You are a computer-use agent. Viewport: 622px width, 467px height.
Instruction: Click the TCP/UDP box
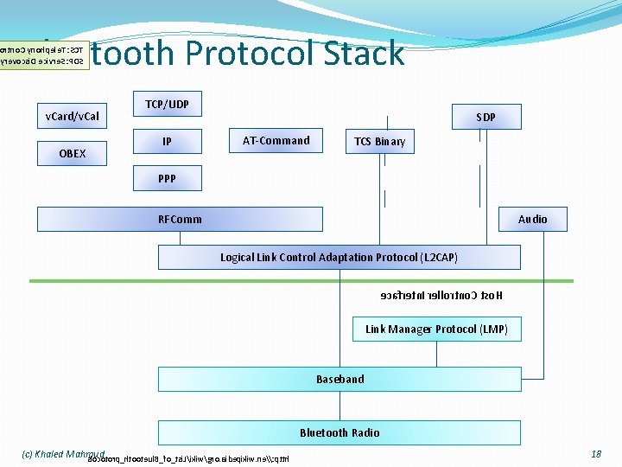pyautogui.click(x=167, y=105)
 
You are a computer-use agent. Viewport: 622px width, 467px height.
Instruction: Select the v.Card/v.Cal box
pyautogui.click(x=72, y=116)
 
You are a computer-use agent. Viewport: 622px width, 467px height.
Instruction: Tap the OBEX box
pyautogui.click(x=72, y=153)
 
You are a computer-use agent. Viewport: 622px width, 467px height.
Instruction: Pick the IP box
pyautogui.click(x=167, y=141)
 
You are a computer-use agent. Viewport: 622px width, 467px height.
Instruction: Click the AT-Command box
pyautogui.click(x=276, y=141)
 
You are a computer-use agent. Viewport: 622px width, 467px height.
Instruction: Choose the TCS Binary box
pyautogui.click(x=379, y=141)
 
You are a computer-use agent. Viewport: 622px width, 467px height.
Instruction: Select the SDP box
pyautogui.click(x=486, y=117)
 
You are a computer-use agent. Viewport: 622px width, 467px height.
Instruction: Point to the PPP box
pyautogui.click(x=167, y=179)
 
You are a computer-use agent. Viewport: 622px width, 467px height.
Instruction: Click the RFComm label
pyautogui.click(x=180, y=219)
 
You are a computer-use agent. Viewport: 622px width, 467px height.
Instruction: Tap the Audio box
pyautogui.click(x=532, y=220)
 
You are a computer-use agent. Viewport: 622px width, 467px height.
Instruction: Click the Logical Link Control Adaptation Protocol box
pyautogui.click(x=339, y=257)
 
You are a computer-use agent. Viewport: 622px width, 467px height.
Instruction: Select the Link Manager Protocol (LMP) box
pyautogui.click(x=436, y=329)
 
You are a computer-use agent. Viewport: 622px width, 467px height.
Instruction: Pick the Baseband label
pyautogui.click(x=340, y=379)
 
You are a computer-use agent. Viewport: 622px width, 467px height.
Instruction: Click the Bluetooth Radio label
pyautogui.click(x=340, y=432)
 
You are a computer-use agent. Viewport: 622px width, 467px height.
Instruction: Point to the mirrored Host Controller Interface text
pyautogui.click(x=441, y=296)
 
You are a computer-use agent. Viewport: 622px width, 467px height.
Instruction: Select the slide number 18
pyautogui.click(x=596, y=453)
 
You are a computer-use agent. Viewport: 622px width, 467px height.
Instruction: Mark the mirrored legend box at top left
pyautogui.click(x=44, y=54)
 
